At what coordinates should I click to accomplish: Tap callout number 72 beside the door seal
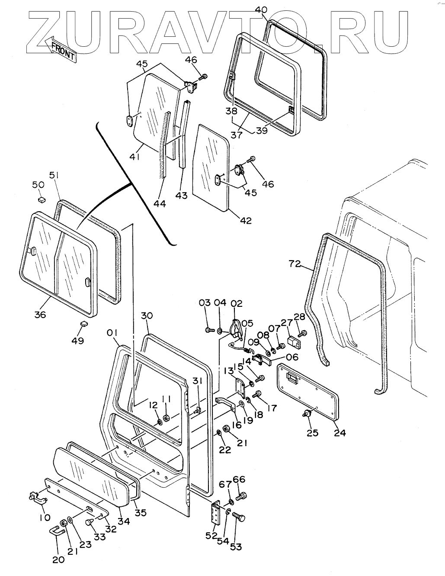[x=295, y=264]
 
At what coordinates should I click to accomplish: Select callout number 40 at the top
[x=261, y=10]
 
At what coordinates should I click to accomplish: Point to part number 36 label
[x=40, y=315]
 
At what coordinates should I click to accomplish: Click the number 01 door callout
[x=112, y=333]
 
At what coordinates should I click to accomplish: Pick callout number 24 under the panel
[x=340, y=432]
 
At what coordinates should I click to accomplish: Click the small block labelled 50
[x=42, y=200]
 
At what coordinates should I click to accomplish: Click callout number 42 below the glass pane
[x=245, y=221]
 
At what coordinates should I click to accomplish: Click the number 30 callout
[x=147, y=316]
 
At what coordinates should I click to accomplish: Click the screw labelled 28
[x=302, y=333]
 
